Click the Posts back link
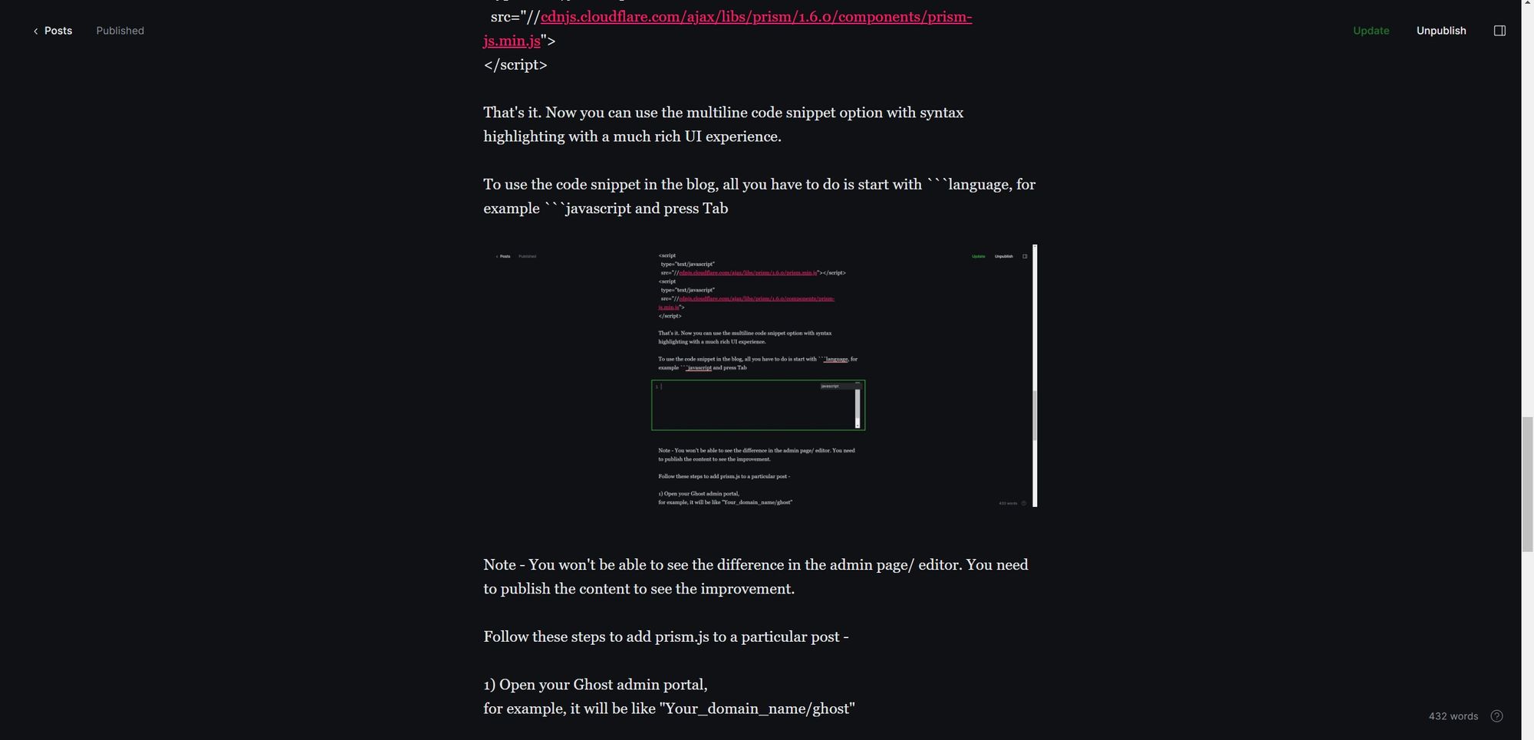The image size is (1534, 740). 53,31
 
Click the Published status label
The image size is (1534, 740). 120,31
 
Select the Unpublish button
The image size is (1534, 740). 1440,31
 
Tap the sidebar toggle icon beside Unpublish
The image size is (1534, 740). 1499,31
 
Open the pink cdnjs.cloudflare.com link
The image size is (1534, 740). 755,17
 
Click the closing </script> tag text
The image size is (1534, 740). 515,65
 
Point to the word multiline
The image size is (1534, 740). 716,113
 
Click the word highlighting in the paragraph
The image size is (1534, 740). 523,136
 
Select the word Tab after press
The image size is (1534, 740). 715,209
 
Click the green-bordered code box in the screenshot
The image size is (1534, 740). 757,406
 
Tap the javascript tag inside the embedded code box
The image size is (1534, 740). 830,386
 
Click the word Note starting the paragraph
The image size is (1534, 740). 499,565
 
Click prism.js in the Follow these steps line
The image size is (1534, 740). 681,637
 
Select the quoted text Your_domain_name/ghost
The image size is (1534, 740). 757,709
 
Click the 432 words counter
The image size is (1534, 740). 1453,716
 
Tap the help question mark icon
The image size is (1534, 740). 1496,716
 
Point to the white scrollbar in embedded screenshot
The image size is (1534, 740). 1035,376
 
